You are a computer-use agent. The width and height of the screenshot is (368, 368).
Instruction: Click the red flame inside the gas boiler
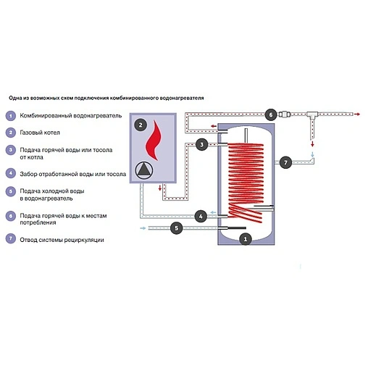(153, 141)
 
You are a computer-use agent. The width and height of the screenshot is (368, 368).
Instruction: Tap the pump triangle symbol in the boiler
(144, 170)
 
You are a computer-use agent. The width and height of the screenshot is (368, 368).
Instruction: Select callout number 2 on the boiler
(141, 125)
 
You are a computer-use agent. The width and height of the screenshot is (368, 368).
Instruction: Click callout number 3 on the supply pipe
(202, 144)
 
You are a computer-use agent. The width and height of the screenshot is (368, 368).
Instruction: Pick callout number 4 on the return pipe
(201, 217)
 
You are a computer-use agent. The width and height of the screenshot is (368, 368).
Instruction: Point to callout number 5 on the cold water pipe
(177, 228)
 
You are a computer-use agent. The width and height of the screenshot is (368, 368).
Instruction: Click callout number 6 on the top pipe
(270, 114)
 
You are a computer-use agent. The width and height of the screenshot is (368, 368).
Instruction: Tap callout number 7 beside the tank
(285, 162)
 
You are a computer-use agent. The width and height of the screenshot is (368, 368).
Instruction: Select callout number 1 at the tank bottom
(246, 239)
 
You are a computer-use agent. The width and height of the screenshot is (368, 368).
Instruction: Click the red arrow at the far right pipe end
(357, 114)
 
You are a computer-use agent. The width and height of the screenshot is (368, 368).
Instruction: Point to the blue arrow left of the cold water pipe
(143, 228)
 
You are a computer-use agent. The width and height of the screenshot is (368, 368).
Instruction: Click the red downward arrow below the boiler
(160, 188)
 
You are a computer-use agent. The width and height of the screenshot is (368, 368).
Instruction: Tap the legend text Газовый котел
(40, 133)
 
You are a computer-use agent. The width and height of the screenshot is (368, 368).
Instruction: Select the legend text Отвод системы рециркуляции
(62, 240)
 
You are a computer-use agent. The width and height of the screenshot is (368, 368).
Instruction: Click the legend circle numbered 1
(11, 116)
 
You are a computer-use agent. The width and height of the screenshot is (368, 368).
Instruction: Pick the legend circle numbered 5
(11, 191)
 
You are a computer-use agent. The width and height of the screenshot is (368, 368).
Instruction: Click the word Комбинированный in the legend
(46, 116)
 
